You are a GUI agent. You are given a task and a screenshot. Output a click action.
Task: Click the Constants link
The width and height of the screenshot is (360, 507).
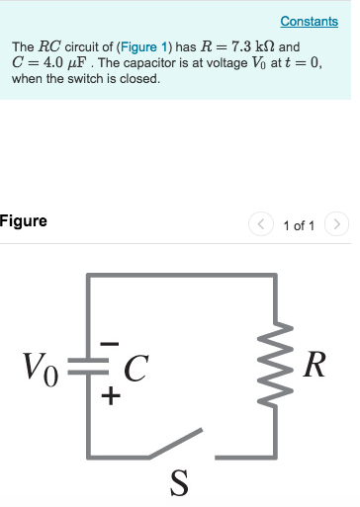point(309,21)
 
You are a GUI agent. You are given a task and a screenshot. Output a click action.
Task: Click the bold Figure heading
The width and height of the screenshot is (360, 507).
point(23,220)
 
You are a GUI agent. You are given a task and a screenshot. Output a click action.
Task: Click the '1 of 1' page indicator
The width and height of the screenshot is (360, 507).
point(298,225)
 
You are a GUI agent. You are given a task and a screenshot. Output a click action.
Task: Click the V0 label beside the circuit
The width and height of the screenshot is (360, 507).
point(41,371)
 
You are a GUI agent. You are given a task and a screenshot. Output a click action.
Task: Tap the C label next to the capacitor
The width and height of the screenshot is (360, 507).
point(135,371)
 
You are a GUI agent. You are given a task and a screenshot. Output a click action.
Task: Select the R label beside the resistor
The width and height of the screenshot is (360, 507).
point(315,366)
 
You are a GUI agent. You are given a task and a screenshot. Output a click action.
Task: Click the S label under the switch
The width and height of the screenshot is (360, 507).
point(178,483)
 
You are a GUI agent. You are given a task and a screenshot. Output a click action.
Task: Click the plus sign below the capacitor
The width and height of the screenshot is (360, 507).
point(111,398)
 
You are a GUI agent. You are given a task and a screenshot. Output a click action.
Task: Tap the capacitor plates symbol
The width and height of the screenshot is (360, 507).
point(90,373)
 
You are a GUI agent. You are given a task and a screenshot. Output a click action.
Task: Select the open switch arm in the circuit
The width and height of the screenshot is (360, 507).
point(176,444)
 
